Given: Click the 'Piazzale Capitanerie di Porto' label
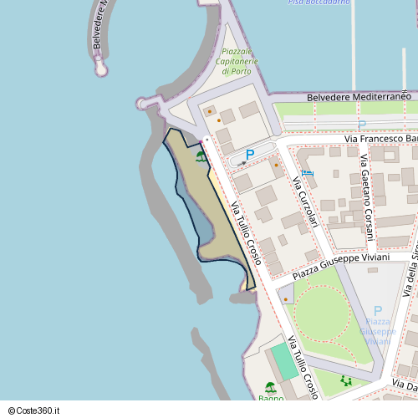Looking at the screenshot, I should [x=237, y=61].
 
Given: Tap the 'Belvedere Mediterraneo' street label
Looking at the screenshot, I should [x=359, y=97].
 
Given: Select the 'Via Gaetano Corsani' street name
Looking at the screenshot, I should [x=366, y=197].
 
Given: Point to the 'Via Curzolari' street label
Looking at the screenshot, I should [x=305, y=201].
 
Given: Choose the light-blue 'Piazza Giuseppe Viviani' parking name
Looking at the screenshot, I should [x=378, y=331].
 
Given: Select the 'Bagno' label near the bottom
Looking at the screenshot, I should [x=271, y=399].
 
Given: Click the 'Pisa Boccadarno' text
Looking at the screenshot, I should [x=320, y=3].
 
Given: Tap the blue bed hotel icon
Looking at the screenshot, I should [x=308, y=173].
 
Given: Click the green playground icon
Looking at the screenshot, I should [x=346, y=380].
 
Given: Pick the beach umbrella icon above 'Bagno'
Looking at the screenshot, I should [x=270, y=387].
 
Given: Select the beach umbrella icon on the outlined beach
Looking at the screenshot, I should [x=201, y=155].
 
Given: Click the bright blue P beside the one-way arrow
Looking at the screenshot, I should [x=249, y=155].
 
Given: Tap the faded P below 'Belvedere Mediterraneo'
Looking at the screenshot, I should [x=362, y=125].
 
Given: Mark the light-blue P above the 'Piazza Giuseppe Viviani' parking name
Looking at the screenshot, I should [x=378, y=311].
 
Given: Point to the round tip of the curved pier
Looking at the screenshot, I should [x=101, y=69].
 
